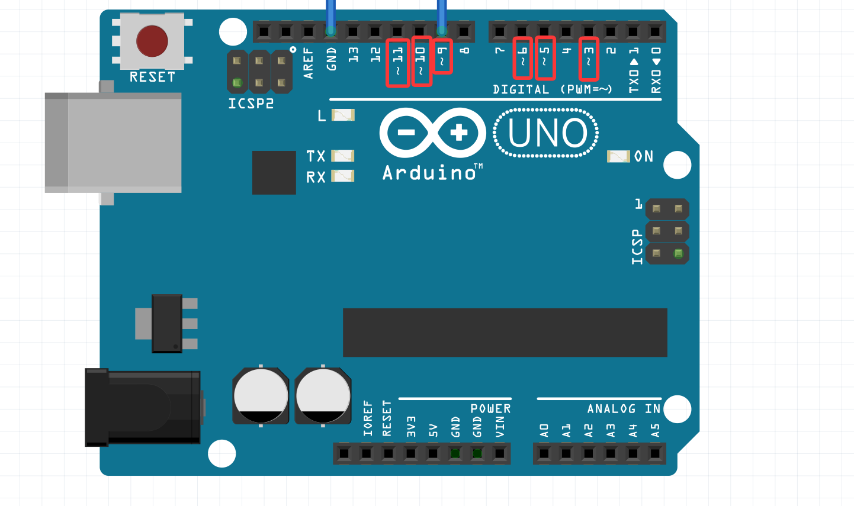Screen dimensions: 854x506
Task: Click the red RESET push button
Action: pyautogui.click(x=152, y=41)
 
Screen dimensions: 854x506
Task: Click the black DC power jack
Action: pyautogui.click(x=142, y=407)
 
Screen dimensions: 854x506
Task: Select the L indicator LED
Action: pyautogui.click(x=342, y=115)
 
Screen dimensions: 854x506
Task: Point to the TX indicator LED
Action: pyautogui.click(x=342, y=156)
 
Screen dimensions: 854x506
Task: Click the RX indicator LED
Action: pyautogui.click(x=342, y=176)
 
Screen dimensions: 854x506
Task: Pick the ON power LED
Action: pyautogui.click(x=618, y=156)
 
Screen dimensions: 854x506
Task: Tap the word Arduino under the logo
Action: pyautogui.click(x=430, y=173)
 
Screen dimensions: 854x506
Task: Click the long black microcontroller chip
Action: pyautogui.click(x=505, y=332)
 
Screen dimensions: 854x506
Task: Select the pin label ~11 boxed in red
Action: pyautogui.click(x=398, y=62)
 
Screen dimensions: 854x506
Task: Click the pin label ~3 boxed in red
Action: pyautogui.click(x=589, y=58)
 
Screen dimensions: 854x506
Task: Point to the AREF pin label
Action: pyautogui.click(x=309, y=63)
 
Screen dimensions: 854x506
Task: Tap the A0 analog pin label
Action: pyautogui.click(x=544, y=430)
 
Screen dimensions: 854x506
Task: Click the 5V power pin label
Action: pyautogui.click(x=434, y=430)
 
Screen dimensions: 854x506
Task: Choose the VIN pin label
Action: pyautogui.click(x=500, y=427)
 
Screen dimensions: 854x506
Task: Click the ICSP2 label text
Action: pyautogui.click(x=251, y=104)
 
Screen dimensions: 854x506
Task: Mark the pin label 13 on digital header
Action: pyautogui.click(x=354, y=55)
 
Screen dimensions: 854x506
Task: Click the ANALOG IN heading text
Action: pyautogui.click(x=624, y=409)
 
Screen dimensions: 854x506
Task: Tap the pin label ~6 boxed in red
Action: pyautogui.click(x=522, y=58)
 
